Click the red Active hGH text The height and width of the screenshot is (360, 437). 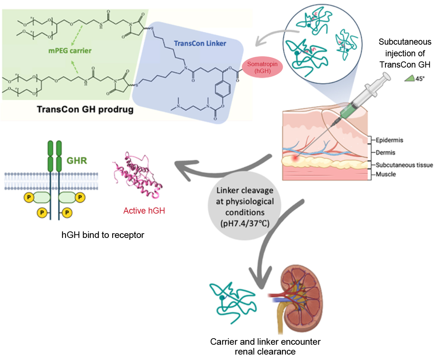coord(144,210)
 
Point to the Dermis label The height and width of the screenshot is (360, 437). coord(385,153)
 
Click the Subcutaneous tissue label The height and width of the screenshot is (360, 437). coord(404,165)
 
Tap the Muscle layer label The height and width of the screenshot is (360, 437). coord(385,174)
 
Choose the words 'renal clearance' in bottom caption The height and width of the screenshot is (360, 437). coord(265,351)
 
